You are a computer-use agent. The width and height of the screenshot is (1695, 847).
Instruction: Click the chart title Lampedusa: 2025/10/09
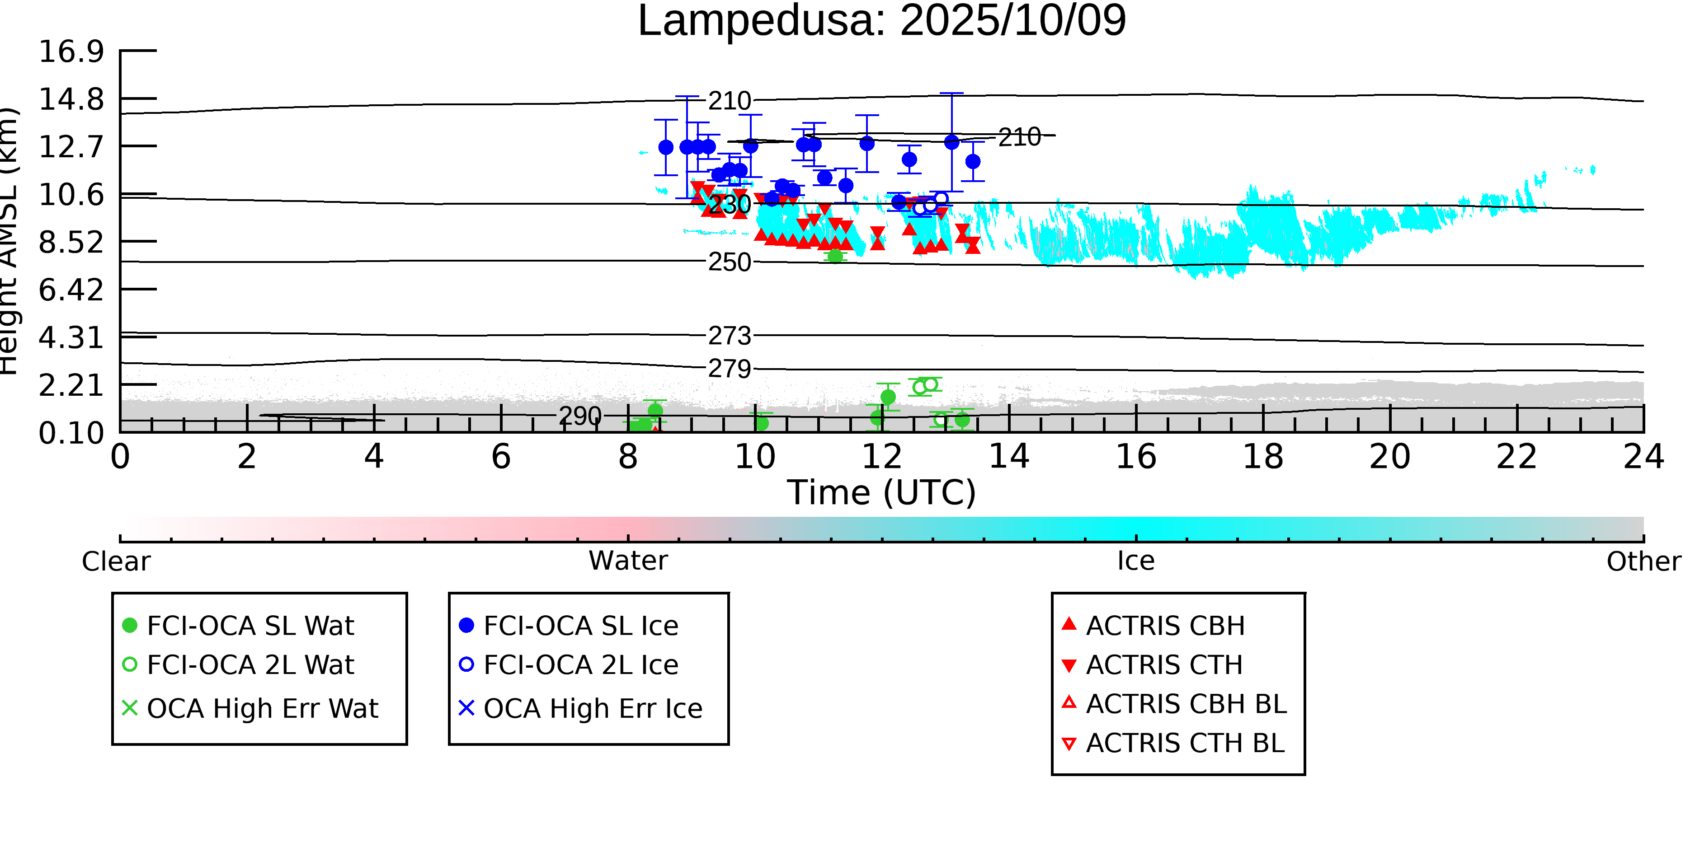882,21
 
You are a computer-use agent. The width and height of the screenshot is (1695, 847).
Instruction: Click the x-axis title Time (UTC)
882,492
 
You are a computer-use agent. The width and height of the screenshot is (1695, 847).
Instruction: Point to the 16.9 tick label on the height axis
71,51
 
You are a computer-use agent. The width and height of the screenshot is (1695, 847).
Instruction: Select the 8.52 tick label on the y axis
71,243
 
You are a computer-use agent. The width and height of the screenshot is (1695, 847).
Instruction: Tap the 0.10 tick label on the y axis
71,433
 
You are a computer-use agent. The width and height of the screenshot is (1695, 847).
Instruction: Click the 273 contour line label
729,336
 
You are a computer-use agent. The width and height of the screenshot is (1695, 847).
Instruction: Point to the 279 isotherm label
729,369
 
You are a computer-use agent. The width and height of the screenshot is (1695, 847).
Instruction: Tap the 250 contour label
729,262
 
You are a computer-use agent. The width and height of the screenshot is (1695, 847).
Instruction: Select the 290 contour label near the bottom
580,416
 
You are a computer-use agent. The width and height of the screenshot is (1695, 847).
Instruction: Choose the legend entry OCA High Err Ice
592,709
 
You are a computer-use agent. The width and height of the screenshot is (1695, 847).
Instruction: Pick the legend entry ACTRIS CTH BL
1184,744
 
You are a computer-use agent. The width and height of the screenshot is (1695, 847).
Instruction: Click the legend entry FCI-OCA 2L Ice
580,665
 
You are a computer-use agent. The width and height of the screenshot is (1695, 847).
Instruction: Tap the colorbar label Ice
1136,562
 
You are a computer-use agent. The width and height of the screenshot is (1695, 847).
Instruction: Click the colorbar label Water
628,562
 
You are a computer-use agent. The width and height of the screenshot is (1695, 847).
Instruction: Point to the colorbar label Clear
116,562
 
